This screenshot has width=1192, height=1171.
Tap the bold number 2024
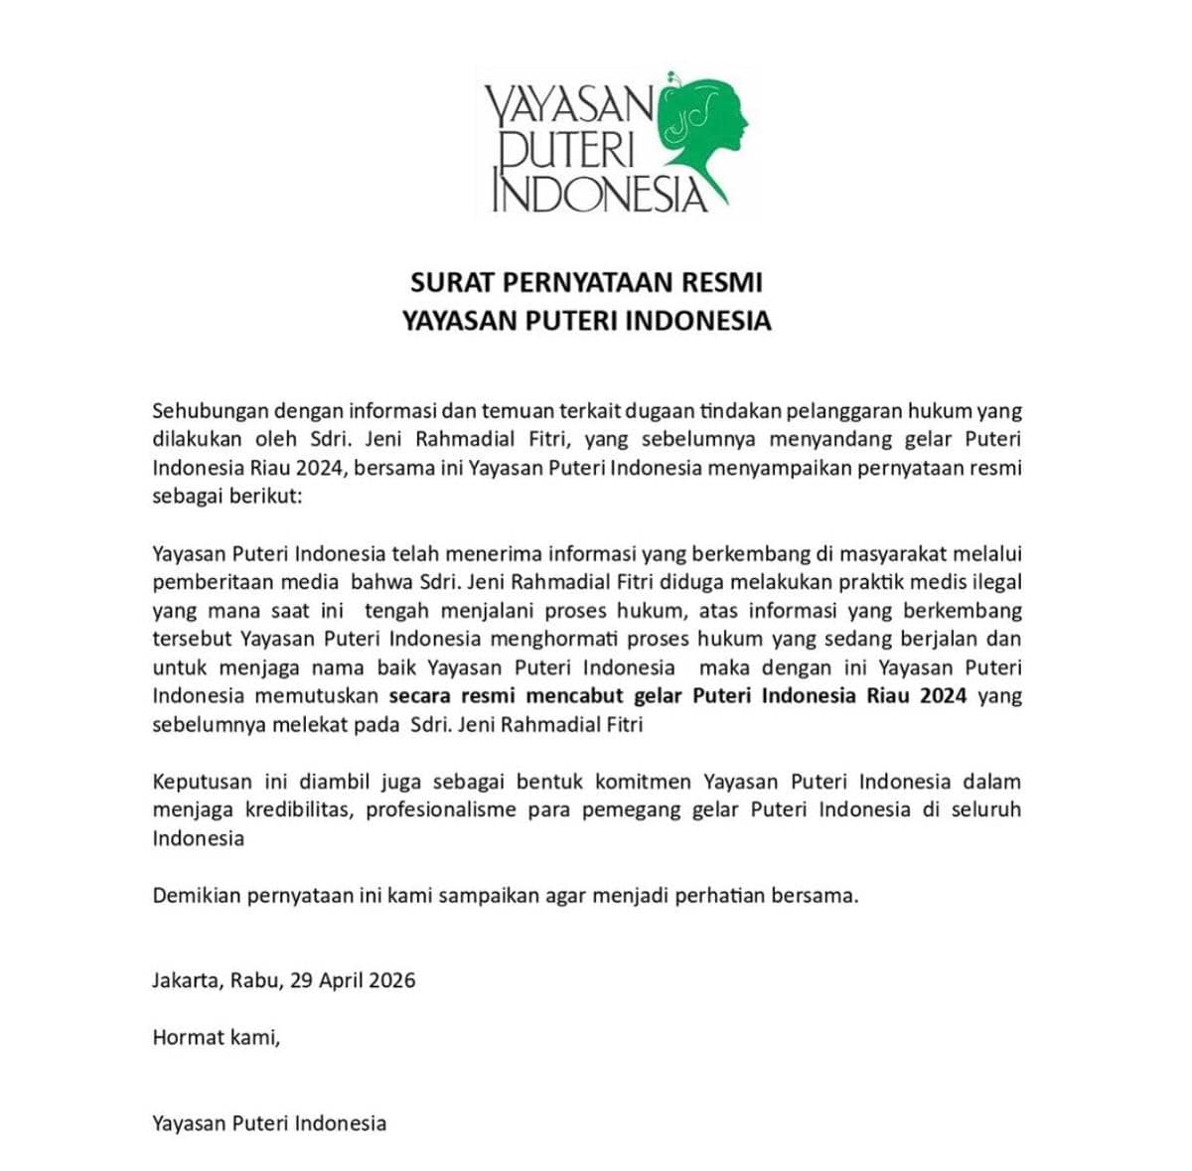point(943,695)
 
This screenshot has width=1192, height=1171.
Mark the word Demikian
point(196,896)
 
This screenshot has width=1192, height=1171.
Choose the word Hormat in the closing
point(188,1039)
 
